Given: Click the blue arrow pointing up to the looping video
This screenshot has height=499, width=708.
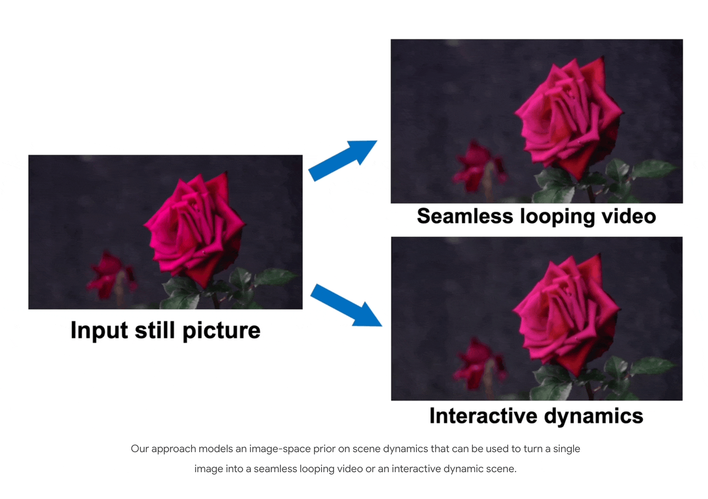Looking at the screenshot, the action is click(343, 160).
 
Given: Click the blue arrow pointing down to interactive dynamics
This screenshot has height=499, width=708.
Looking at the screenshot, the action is click(346, 305).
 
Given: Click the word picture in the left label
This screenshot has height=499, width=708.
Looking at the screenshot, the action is click(221, 331).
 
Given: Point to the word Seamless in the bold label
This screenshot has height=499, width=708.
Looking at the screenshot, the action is click(465, 216).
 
